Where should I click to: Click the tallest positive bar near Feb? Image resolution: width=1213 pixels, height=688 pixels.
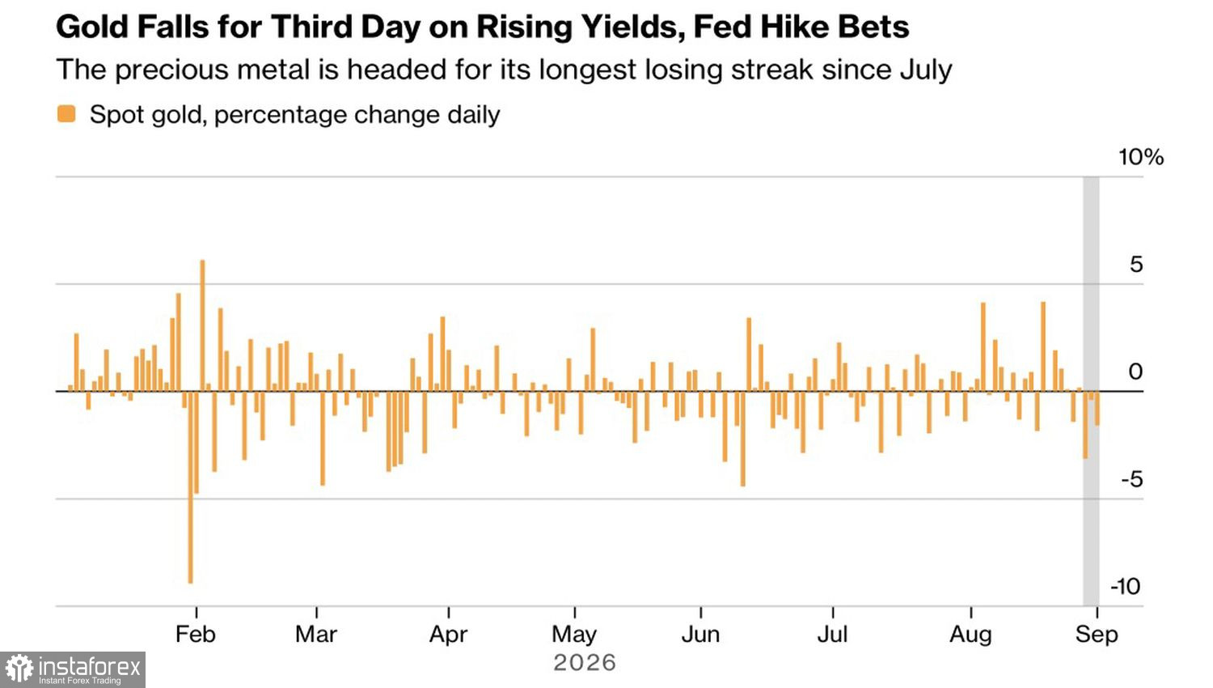point(202,325)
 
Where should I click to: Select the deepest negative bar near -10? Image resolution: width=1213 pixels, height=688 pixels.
point(191,486)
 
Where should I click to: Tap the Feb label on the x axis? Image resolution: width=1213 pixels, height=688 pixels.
point(196,634)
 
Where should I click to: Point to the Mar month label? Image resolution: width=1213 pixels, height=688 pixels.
point(316,634)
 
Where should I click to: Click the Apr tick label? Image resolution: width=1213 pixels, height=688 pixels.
point(448,635)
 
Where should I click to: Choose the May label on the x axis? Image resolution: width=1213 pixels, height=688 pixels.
point(574,635)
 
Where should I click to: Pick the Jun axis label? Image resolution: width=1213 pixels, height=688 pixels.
point(701,634)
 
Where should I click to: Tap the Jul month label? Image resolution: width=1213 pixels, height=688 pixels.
point(832,634)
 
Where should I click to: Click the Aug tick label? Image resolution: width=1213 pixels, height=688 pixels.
point(971,635)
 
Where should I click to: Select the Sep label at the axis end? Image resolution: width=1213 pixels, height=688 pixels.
point(1097,635)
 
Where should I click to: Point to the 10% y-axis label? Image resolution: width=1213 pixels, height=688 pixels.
point(1141,157)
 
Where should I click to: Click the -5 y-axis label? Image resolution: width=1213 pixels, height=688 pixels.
point(1132,479)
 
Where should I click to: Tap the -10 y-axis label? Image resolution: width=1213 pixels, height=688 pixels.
point(1126,586)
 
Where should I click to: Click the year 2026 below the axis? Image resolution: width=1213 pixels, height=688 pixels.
point(585,663)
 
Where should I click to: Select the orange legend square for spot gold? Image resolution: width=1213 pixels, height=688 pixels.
point(66,114)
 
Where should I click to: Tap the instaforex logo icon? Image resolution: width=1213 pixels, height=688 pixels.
point(20,669)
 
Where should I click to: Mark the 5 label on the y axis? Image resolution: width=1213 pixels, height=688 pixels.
point(1136,265)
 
